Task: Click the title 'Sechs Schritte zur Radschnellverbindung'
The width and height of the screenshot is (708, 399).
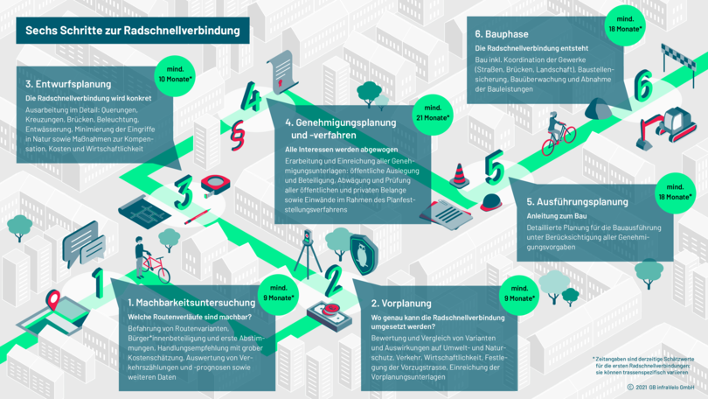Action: [x=131, y=31]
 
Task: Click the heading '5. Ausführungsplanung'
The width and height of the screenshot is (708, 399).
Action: [x=582, y=201]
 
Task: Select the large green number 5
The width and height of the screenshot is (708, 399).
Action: [x=495, y=166]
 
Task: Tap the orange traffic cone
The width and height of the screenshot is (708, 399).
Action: [x=459, y=175]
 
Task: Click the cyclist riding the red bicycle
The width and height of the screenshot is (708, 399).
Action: [x=557, y=131]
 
